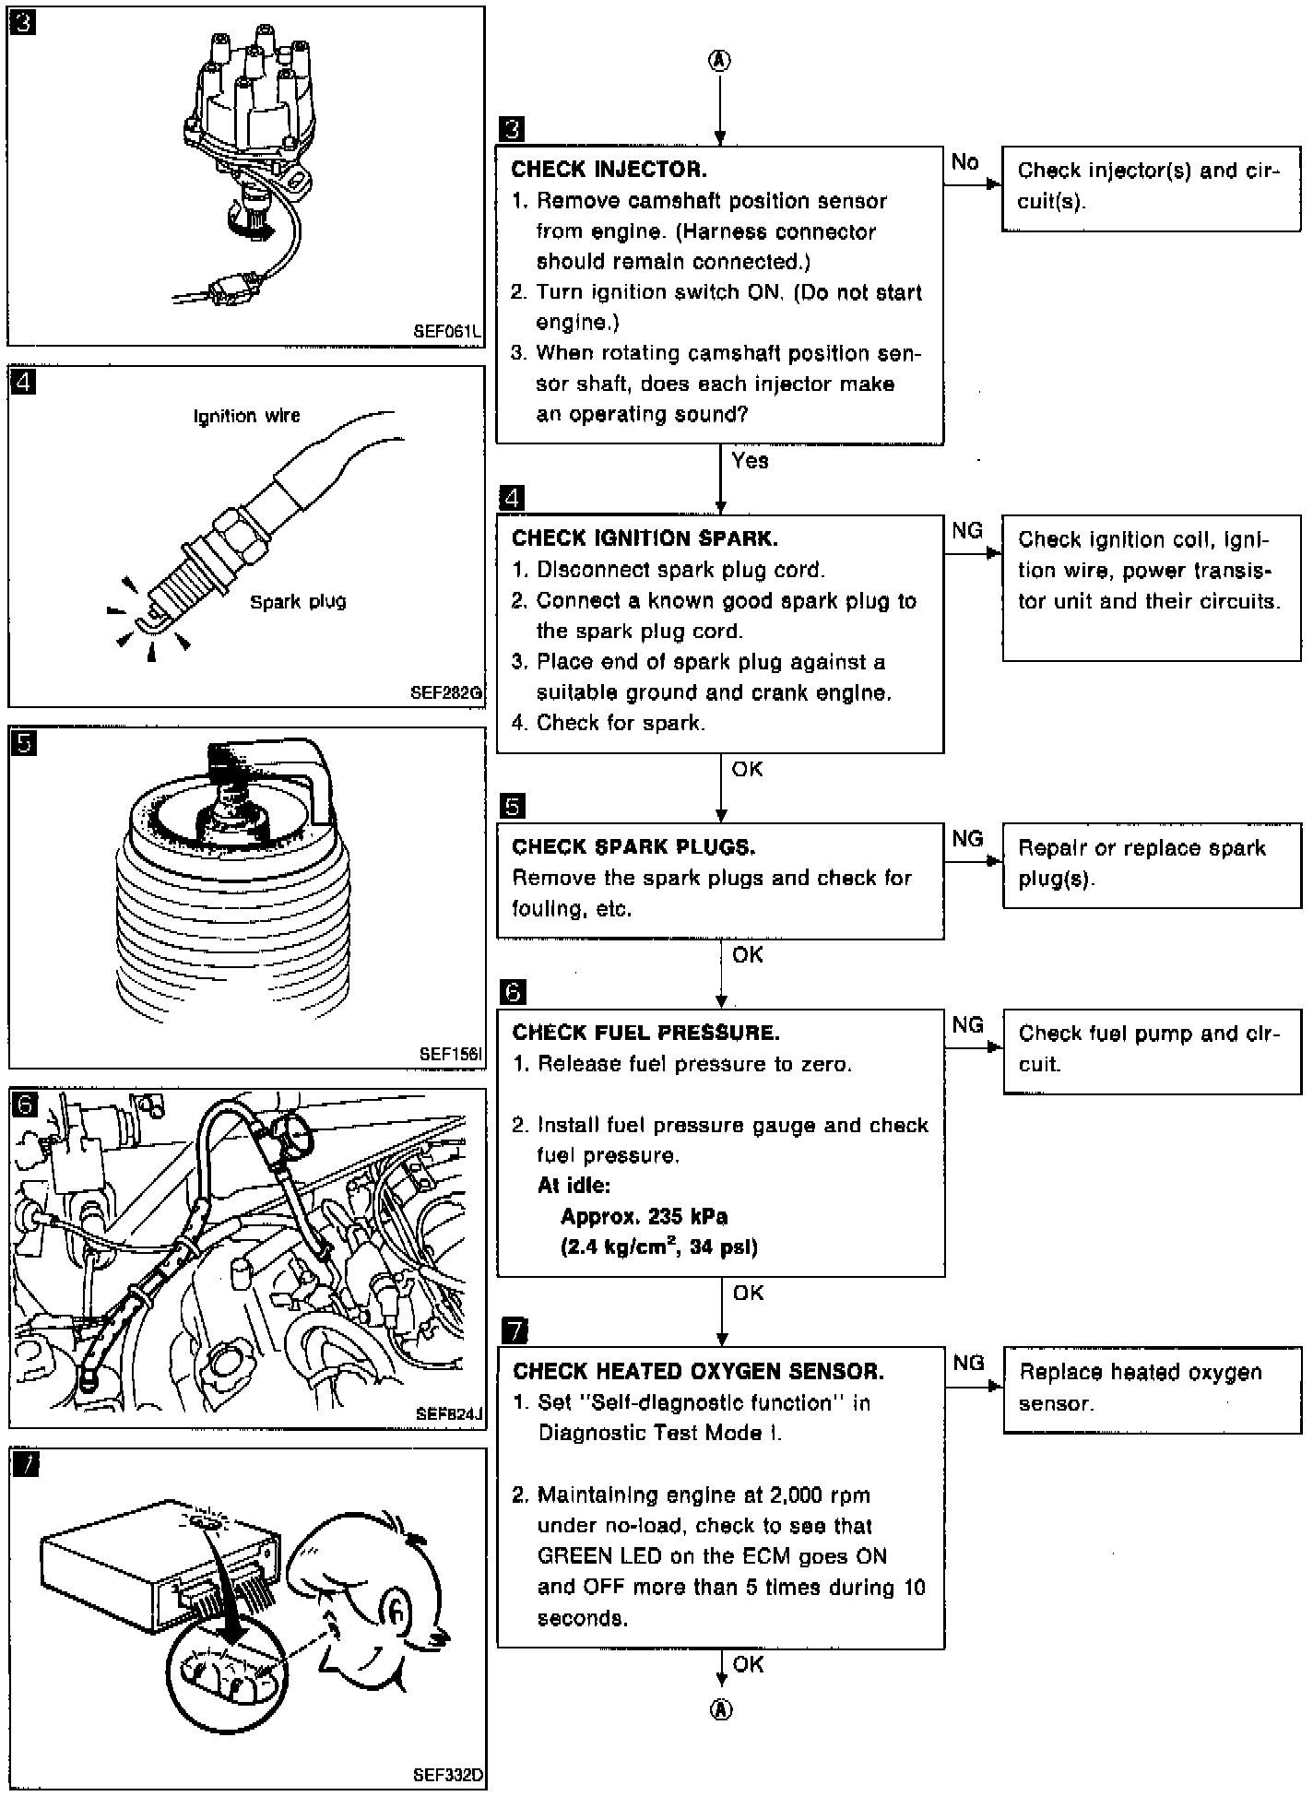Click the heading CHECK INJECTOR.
609,170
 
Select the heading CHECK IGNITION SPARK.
645,538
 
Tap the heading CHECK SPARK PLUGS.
633,846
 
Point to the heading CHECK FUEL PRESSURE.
645,1033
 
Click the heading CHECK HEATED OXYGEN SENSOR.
698,1371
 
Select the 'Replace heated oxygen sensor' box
1152,1390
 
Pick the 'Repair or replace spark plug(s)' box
1152,866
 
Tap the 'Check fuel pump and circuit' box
1152,1052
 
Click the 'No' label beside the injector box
964,162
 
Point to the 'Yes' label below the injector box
750,460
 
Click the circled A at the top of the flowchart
719,60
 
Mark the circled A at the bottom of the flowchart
721,1709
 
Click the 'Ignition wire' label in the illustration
247,416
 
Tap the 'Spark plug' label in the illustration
298,602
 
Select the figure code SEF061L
448,331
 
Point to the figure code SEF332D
449,1774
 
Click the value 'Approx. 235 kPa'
644,1216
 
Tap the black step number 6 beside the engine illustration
24,1104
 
